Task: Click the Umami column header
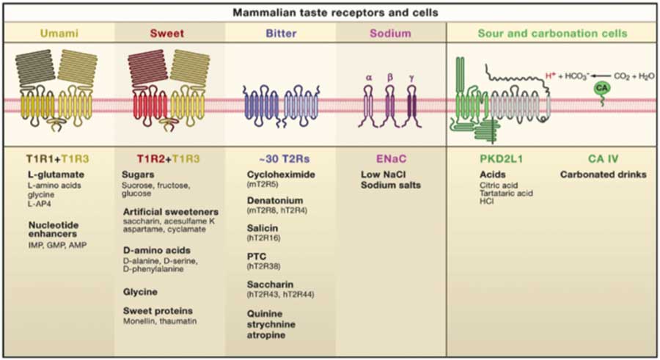59,33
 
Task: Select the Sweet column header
167,33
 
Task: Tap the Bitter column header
281,33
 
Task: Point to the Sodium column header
390,33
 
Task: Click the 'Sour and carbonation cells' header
552,33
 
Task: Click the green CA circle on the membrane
601,88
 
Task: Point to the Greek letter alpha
369,78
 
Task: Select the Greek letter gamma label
411,78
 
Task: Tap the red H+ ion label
551,76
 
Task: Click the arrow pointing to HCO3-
600,76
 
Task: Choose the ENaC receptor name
391,158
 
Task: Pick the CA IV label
603,158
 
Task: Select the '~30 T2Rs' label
284,158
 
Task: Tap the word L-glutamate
56,175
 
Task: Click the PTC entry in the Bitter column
257,257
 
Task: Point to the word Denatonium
275,200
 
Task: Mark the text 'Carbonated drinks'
604,175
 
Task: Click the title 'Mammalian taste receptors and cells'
335,12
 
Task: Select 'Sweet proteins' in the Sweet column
158,311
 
